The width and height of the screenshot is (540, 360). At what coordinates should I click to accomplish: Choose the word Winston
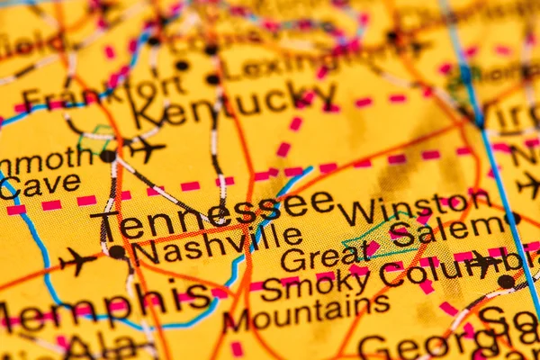tap(414, 208)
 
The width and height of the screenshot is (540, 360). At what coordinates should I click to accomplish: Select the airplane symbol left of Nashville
tap(77, 261)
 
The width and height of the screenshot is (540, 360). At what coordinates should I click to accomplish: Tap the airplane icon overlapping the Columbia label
tap(486, 262)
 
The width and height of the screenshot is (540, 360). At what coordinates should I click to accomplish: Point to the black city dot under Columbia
tap(506, 282)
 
